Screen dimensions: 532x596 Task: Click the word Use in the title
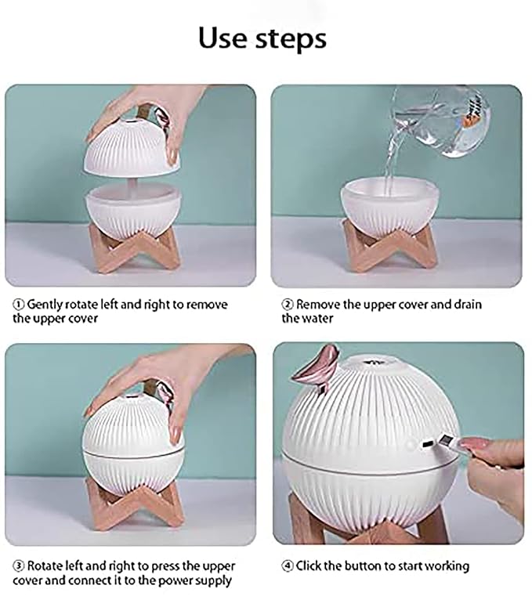tap(223, 38)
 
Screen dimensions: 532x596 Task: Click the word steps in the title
tap(291, 39)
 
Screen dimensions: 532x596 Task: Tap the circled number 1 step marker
tap(19, 305)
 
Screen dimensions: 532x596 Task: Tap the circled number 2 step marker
tap(288, 305)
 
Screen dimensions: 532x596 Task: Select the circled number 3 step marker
tap(19, 566)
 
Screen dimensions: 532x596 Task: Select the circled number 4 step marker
tap(288, 566)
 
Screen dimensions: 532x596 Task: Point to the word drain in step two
tap(467, 305)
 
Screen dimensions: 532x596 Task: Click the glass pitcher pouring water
tap(441, 121)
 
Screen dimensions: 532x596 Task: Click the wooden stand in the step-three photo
tap(134, 504)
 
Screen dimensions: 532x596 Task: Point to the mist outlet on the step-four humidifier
tap(375, 361)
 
